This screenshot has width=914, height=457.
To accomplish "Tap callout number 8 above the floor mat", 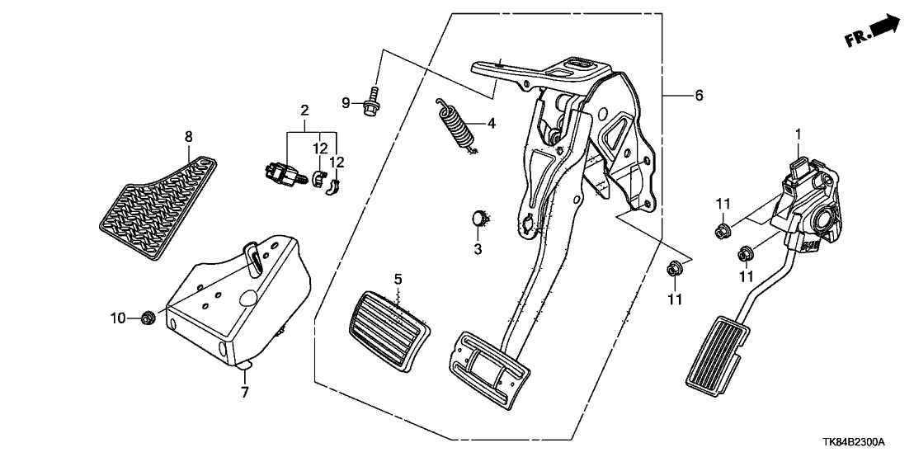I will pos(188,136).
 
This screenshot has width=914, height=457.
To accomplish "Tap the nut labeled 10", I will pos(149,316).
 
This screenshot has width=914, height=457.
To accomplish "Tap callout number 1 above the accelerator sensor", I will pos(798,133).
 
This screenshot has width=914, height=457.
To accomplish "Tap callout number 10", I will pos(118,317).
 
